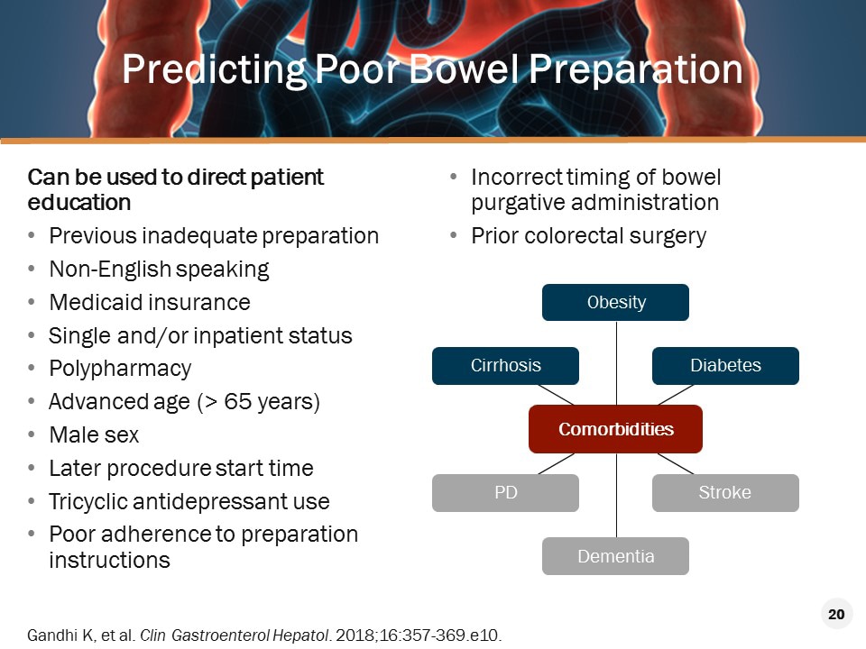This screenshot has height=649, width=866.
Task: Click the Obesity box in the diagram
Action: (615, 303)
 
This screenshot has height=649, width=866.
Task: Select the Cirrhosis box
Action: (505, 366)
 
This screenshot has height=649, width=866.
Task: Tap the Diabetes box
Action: (725, 366)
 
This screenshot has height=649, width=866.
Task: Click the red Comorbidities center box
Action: (615, 429)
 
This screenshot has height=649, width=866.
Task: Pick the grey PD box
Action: (505, 493)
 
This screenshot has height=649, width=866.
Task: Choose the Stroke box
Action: (725, 493)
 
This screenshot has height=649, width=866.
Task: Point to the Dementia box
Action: (615, 556)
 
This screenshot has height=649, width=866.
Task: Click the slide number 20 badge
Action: (835, 615)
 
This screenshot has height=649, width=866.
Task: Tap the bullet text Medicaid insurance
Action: (150, 302)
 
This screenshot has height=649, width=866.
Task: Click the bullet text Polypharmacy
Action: (120, 369)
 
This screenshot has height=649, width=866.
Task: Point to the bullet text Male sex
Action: (94, 435)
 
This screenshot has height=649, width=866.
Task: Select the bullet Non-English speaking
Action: (159, 269)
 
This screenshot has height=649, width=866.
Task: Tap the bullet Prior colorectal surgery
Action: (588, 236)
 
